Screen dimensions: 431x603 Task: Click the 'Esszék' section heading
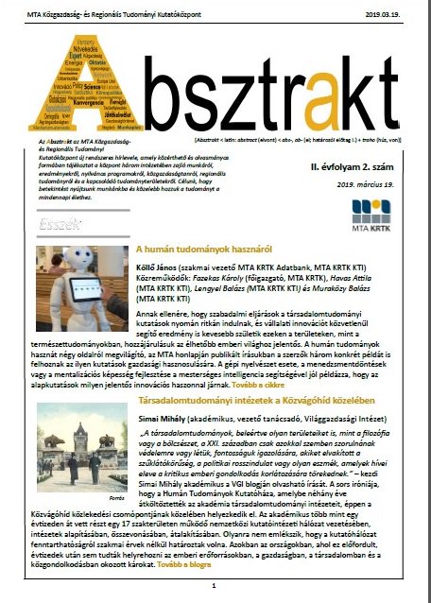coord(63,225)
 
